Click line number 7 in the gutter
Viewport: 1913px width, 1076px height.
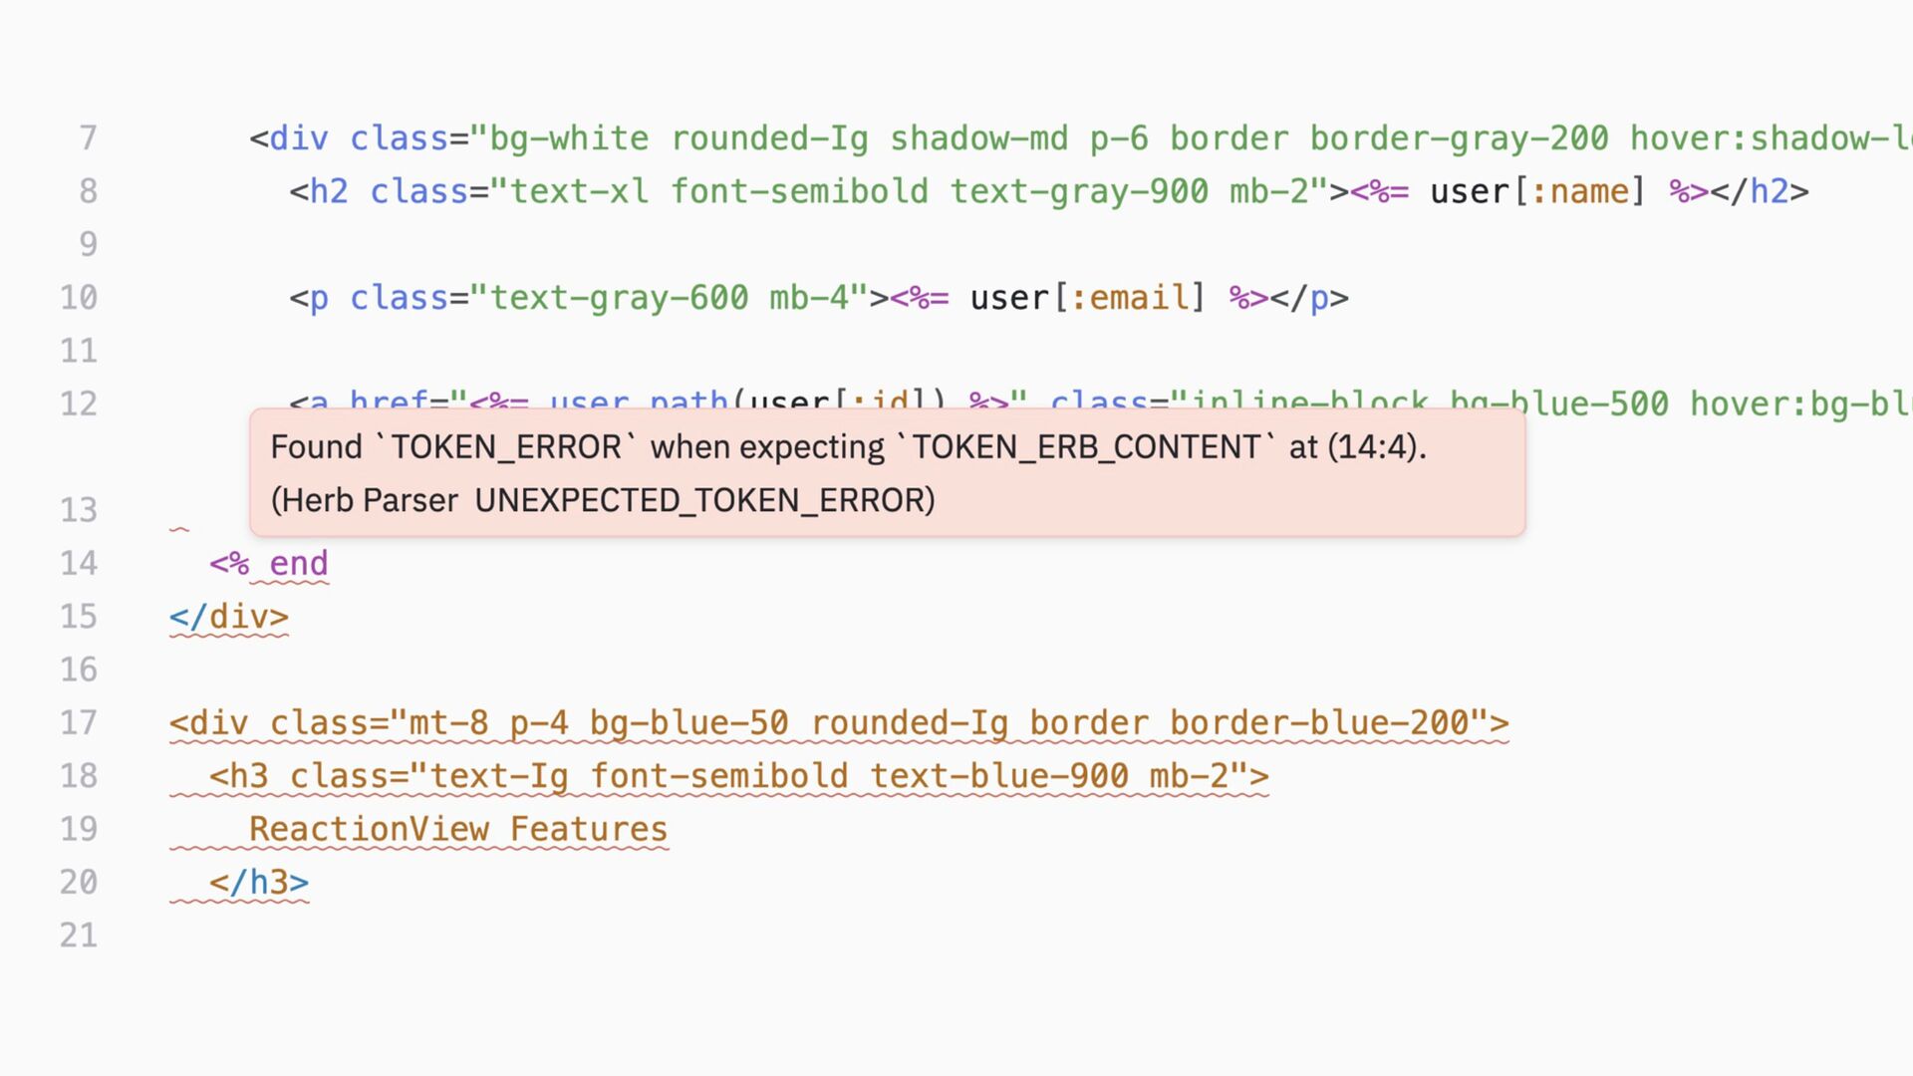(88, 138)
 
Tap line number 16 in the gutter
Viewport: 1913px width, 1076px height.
(79, 670)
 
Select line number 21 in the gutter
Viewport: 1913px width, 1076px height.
(79, 936)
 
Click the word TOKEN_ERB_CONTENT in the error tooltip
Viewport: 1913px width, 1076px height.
(1087, 447)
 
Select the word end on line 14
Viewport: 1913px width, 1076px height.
(298, 564)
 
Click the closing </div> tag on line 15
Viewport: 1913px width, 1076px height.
(229, 617)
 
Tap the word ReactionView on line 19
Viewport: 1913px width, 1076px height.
(369, 829)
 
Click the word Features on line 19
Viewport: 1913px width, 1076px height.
(589, 829)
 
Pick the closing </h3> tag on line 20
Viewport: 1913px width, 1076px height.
(259, 883)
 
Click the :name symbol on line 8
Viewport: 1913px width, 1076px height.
(1578, 191)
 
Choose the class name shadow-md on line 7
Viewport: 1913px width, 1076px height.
(978, 138)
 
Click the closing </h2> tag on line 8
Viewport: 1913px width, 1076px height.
(1760, 191)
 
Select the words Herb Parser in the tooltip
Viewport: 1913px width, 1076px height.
(370, 500)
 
